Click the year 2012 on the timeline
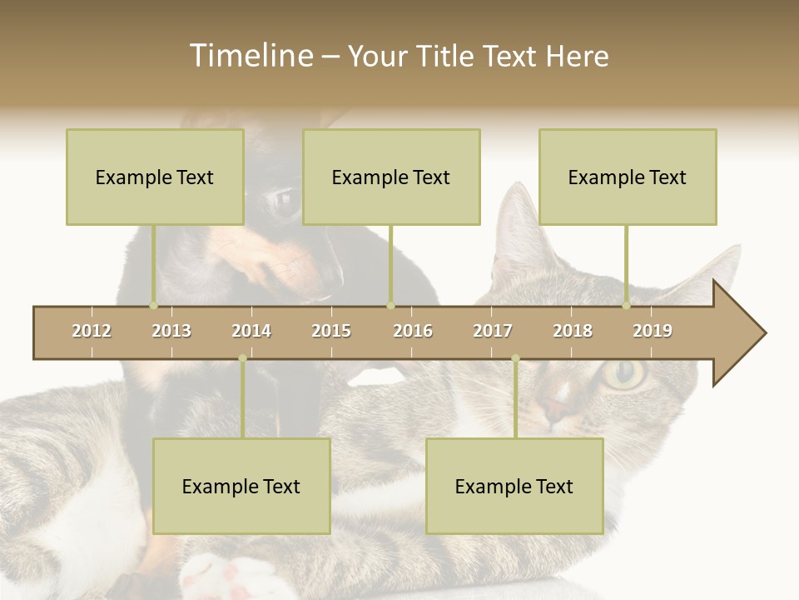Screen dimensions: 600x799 coord(92,331)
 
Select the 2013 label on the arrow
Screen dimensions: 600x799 coord(171,331)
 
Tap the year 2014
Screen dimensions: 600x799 coord(251,331)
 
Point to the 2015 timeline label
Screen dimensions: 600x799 coord(331,331)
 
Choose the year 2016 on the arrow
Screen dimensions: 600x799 coord(413,331)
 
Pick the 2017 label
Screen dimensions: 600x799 coord(493,331)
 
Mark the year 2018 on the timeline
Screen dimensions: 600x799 coord(573,331)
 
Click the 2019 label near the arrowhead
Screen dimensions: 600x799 coord(653,331)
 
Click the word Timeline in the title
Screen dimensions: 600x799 coord(249,56)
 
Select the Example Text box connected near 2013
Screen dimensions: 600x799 coord(155,177)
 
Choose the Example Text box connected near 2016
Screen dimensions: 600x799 coord(391,177)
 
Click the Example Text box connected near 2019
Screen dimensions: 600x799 coord(628,177)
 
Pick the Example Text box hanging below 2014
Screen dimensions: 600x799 coord(241,486)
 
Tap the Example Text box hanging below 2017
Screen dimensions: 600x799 coord(514,486)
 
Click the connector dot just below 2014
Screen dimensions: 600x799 coord(242,359)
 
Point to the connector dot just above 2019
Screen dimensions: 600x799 coord(627,306)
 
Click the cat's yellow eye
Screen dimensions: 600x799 coord(622,374)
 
